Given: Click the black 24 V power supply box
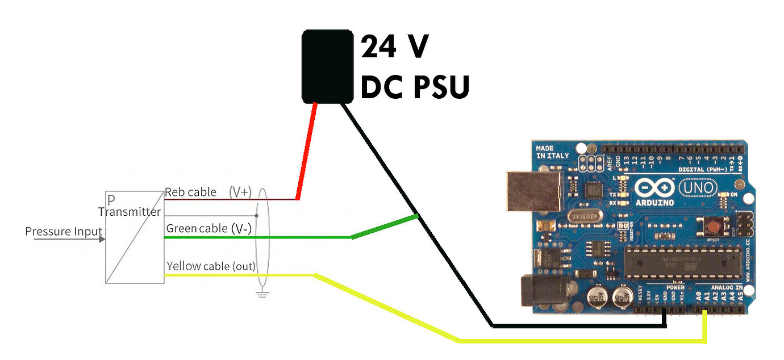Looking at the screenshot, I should click(x=327, y=66).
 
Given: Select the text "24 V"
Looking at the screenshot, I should click(x=395, y=47).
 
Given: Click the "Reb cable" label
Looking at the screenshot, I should click(x=190, y=192).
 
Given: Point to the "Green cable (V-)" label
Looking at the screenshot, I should click(x=209, y=229).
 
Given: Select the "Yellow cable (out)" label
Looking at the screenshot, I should click(x=211, y=266).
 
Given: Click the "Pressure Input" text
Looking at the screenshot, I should click(x=64, y=232).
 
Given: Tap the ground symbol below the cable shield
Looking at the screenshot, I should click(x=262, y=294).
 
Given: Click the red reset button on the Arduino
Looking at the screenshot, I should click(x=711, y=228).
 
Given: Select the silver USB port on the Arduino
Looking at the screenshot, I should click(x=532, y=189).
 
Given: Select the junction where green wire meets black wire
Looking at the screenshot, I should click(x=418, y=216).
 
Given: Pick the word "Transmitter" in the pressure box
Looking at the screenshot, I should click(x=130, y=212).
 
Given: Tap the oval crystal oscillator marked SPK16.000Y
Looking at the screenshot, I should click(x=585, y=216).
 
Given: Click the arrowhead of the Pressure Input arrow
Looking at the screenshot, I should click(x=102, y=239).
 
